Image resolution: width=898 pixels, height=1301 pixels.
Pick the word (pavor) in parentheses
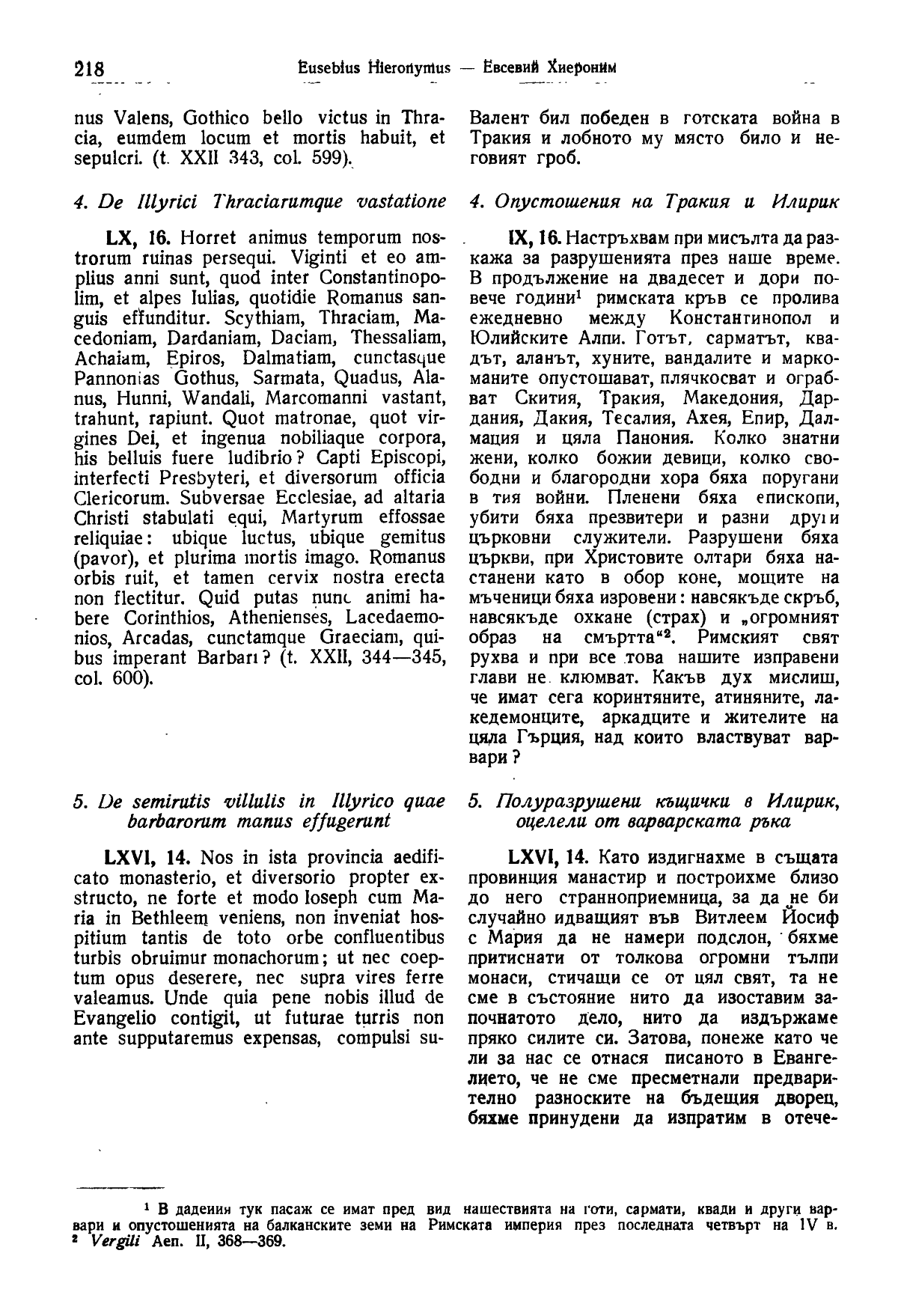coord(100,558)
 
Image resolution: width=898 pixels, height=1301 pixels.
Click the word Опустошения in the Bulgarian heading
coord(552,202)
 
